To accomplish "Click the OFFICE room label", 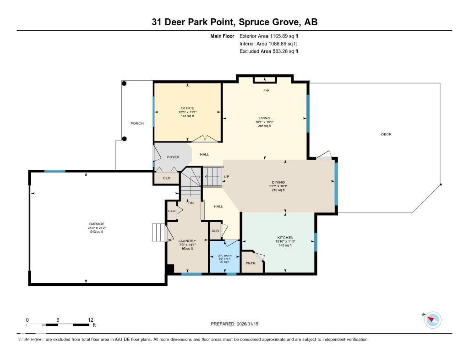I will click(x=187, y=108).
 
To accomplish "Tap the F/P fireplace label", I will click(x=265, y=91).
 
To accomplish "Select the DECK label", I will click(x=386, y=134).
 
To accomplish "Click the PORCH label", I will click(x=137, y=123).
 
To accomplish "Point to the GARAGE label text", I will click(x=97, y=224).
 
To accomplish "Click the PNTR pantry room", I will click(x=250, y=263).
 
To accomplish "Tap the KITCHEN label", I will click(x=285, y=238).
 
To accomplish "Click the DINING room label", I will click(x=278, y=183).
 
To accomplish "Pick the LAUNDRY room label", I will click(x=187, y=241).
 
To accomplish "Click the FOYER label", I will click(x=173, y=157).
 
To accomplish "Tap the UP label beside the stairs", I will click(x=226, y=177).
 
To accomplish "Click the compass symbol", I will click(x=433, y=320).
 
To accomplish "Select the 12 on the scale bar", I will click(x=90, y=320).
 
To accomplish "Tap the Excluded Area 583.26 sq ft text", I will click(x=269, y=51).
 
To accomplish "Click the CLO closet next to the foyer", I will click(x=167, y=178).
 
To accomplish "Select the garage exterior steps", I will click(x=158, y=232).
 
